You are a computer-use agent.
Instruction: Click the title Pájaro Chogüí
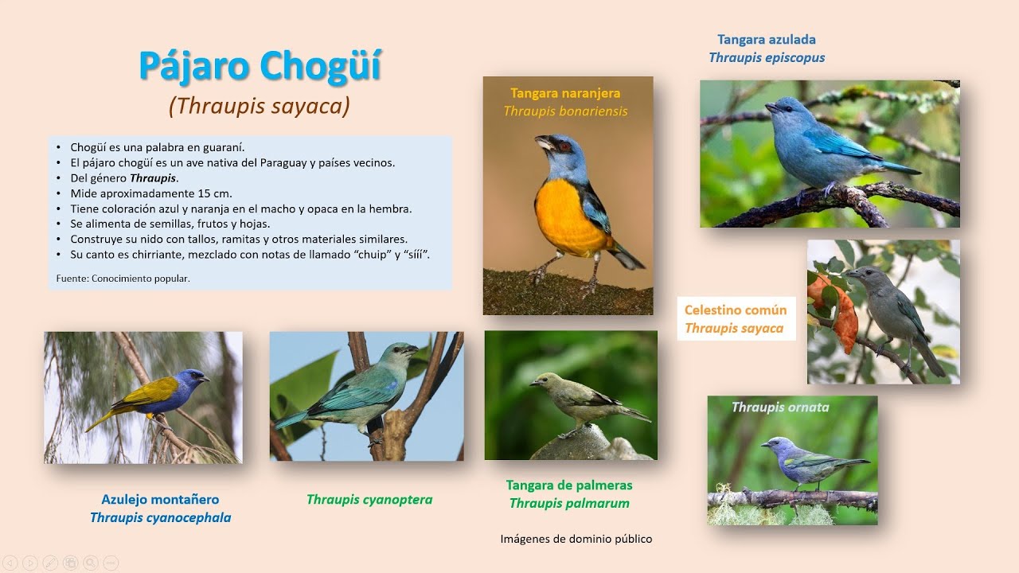pyautogui.click(x=260, y=67)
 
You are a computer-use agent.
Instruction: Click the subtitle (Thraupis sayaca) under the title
pyautogui.click(x=260, y=107)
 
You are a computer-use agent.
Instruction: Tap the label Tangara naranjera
pyautogui.click(x=565, y=93)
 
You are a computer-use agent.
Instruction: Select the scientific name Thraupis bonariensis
pyautogui.click(x=565, y=111)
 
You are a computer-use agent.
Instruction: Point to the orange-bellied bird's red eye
pyautogui.click(x=564, y=146)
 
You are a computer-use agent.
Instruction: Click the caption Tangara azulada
pyautogui.click(x=766, y=40)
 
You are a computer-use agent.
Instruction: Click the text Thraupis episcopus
pyautogui.click(x=766, y=58)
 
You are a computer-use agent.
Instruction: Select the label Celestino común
pyautogui.click(x=735, y=310)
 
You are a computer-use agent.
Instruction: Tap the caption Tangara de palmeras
pyautogui.click(x=568, y=485)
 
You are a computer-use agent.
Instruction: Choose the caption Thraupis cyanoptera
pyautogui.click(x=369, y=500)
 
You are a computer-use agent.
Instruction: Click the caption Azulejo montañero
pyautogui.click(x=160, y=500)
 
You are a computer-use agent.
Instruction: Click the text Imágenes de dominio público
pyautogui.click(x=576, y=540)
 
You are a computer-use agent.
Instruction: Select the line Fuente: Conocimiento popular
pyautogui.click(x=123, y=279)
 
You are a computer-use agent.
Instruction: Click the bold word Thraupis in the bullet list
pyautogui.click(x=154, y=178)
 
